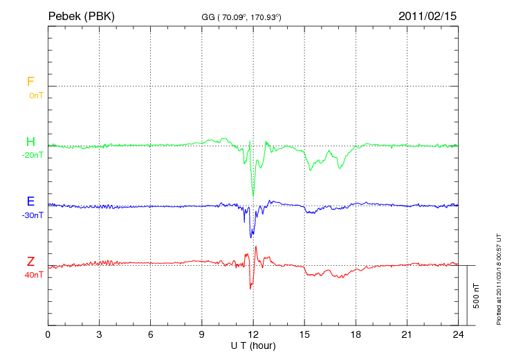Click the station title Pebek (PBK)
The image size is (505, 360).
(81, 15)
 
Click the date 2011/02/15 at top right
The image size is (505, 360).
(428, 15)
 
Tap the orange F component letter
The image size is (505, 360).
(30, 82)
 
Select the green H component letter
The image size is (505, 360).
(30, 142)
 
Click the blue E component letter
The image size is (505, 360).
(30, 202)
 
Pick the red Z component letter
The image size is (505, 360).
(30, 262)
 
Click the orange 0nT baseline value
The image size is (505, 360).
(35, 95)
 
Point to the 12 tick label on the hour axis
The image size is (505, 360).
(253, 334)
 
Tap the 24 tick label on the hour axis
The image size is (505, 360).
(458, 334)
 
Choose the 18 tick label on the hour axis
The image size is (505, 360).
(356, 334)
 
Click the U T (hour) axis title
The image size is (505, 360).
(253, 345)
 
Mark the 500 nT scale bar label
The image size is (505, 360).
(477, 296)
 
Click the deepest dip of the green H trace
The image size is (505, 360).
(253, 195)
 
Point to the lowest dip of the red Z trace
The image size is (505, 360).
(250, 288)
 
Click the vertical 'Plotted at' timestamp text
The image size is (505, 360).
(498, 277)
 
